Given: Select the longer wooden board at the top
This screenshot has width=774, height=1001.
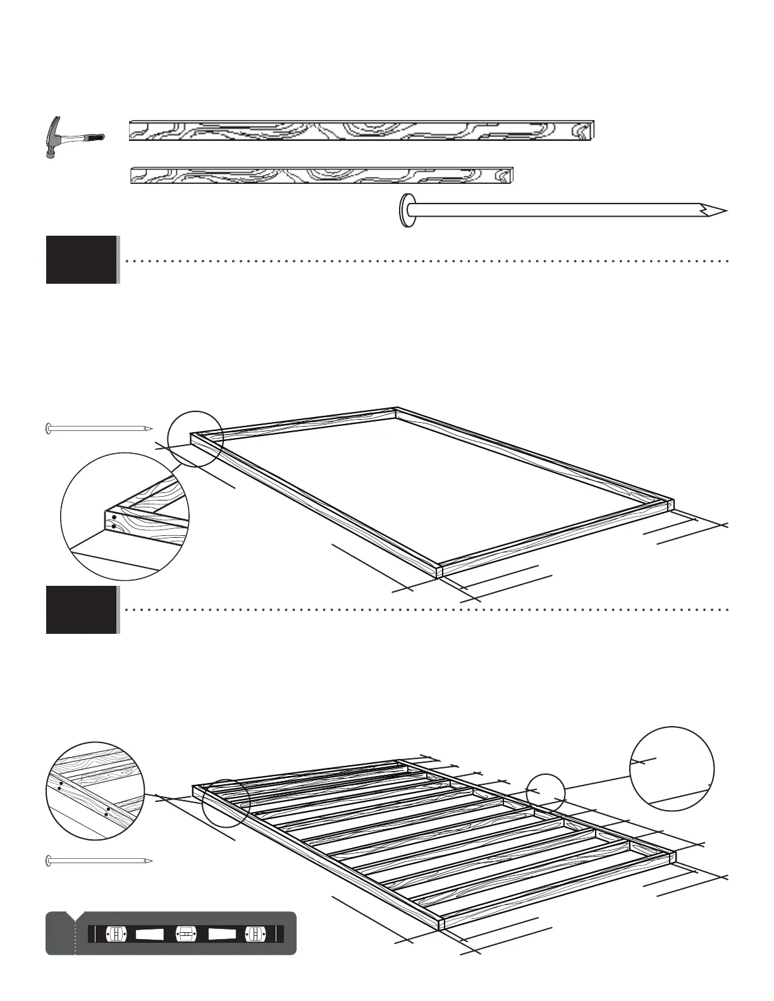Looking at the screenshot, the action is click(x=361, y=130).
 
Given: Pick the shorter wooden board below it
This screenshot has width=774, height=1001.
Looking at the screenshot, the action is click(x=321, y=175).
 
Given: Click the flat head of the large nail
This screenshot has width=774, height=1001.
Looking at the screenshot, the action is click(x=406, y=210).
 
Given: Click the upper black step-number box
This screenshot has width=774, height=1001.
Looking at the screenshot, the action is click(x=81, y=260).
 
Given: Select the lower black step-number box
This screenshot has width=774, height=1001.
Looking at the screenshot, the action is click(x=81, y=610).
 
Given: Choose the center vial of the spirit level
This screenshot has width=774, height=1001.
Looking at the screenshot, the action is click(x=184, y=934).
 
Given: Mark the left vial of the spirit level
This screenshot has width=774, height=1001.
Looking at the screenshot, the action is click(x=117, y=934).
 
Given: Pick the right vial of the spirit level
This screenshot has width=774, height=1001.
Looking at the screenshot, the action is click(x=254, y=934).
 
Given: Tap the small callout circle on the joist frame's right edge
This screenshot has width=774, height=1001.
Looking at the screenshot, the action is click(x=545, y=792).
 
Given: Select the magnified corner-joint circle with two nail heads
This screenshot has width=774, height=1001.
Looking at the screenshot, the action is click(x=125, y=516).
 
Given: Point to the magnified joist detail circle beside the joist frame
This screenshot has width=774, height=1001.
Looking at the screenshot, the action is click(x=95, y=791).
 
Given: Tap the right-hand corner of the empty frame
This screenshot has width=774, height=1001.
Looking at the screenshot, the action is click(x=672, y=504).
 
